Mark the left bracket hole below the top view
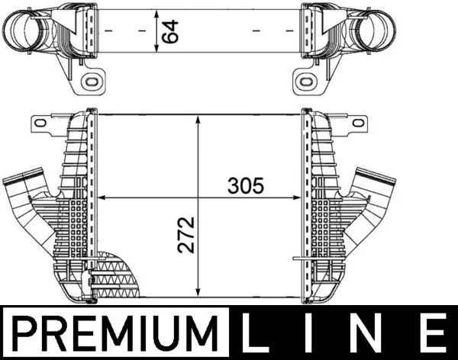[93, 80]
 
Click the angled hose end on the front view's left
[17, 187]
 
